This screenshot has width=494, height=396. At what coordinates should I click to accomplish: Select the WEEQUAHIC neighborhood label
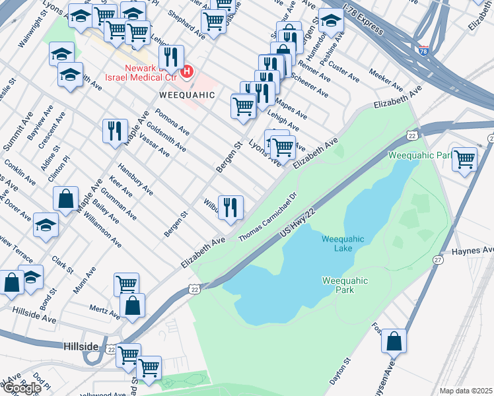pyautogui.click(x=187, y=95)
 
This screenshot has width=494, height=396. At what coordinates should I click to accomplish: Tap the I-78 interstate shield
pyautogui.click(x=422, y=49)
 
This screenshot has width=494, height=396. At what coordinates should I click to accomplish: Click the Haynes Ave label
pyautogui.click(x=473, y=251)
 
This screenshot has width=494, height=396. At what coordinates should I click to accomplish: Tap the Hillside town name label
pyautogui.click(x=81, y=346)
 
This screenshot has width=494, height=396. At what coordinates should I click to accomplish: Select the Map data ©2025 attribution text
pyautogui.click(x=466, y=391)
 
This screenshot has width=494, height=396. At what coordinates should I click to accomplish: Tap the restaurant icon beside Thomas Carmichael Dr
pyautogui.click(x=230, y=207)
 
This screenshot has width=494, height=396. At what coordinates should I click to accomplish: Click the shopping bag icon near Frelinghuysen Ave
pyautogui.click(x=394, y=341)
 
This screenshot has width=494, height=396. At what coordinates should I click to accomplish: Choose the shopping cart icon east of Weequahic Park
pyautogui.click(x=465, y=158)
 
